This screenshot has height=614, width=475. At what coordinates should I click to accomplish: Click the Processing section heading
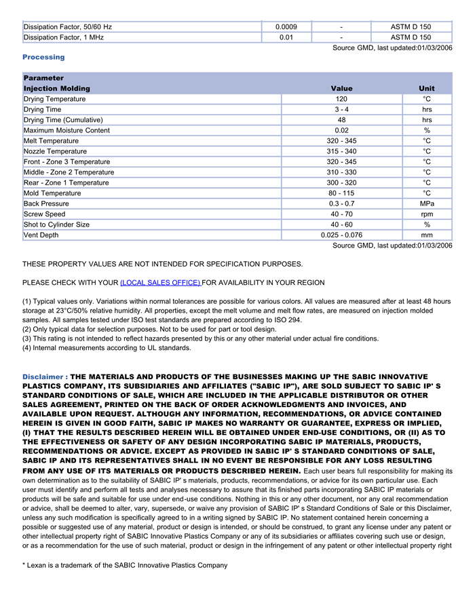click(43, 57)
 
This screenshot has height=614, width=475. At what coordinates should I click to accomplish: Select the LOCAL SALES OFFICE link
click(160, 282)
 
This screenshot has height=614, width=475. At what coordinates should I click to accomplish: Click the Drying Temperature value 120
click(341, 99)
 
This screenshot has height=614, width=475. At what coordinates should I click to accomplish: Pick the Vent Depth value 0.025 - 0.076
click(341, 235)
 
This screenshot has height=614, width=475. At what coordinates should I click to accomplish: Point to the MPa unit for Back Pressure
click(427, 204)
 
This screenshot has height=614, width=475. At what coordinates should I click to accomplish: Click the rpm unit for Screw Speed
click(427, 214)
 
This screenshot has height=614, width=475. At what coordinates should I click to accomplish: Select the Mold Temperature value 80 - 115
click(341, 193)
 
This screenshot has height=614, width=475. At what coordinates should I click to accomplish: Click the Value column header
click(341, 88)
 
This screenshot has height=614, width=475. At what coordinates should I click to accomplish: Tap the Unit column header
click(427, 88)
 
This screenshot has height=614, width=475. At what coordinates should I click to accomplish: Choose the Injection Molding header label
click(56, 88)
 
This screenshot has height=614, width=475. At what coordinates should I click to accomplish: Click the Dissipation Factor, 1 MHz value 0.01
click(286, 37)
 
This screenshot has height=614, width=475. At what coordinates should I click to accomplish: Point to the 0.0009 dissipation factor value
click(286, 27)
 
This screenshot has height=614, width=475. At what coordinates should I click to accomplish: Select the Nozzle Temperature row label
click(55, 151)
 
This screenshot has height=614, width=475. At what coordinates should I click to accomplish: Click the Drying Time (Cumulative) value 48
click(341, 120)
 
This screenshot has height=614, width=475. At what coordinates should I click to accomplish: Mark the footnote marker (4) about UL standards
click(27, 348)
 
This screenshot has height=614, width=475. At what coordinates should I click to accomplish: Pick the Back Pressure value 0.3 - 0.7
click(341, 204)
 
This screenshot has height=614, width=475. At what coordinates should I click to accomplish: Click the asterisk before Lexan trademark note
click(24, 564)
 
